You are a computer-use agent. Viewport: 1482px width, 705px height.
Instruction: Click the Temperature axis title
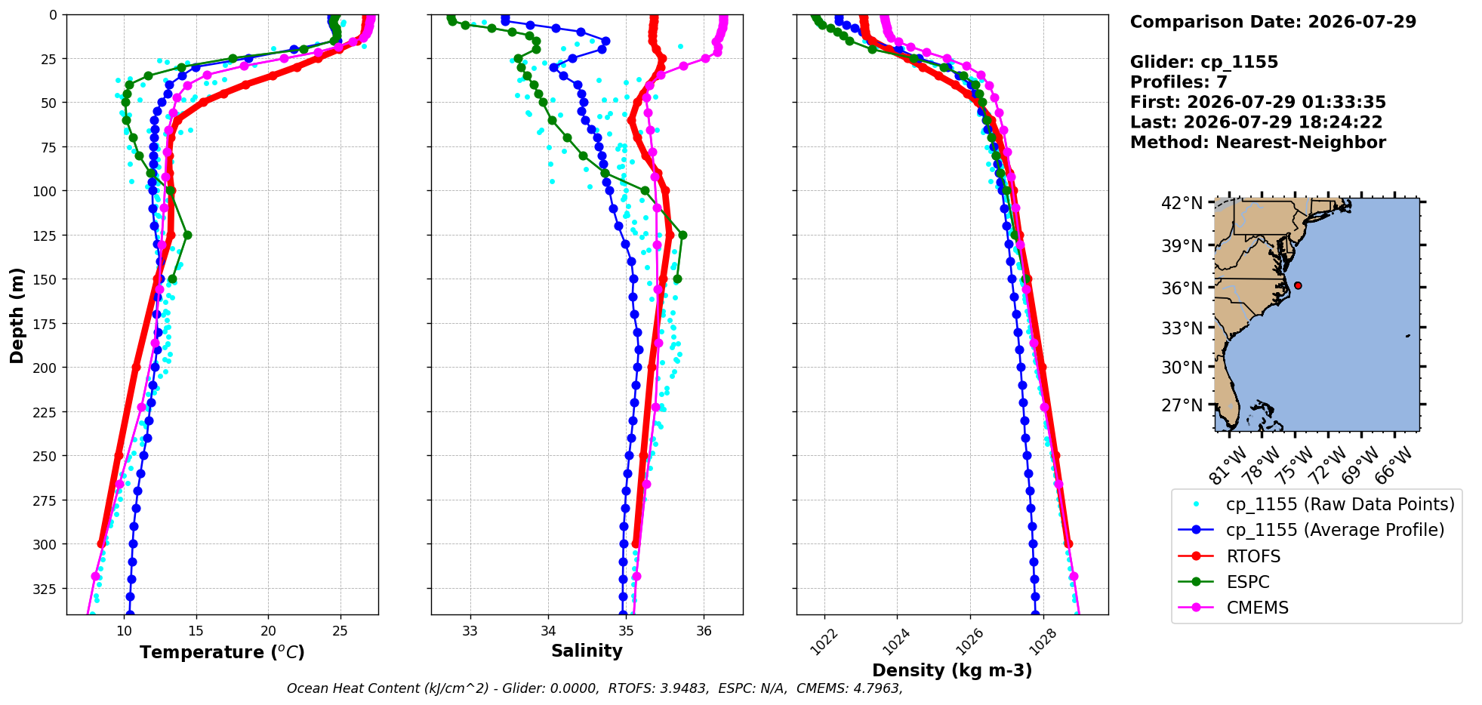pos(222,652)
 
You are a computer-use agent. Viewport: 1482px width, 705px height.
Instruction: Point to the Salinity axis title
pos(587,651)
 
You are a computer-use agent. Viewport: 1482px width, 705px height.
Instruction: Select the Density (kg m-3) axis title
pos(952,670)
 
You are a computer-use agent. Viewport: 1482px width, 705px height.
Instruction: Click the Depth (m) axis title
pos(17,315)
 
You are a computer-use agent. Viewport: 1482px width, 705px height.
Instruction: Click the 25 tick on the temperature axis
pos(340,629)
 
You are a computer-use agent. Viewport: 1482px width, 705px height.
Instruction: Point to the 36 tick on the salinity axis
pos(704,629)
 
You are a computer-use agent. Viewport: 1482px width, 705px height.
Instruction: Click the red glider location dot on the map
pos(1298,285)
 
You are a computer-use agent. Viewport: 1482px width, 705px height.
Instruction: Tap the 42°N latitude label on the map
pos(1182,204)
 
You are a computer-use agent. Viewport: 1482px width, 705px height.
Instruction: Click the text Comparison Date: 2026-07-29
pos(1273,22)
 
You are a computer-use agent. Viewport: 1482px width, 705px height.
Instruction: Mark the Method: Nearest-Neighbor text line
pos(1258,143)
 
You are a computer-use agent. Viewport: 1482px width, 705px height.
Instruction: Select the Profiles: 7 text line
pos(1179,82)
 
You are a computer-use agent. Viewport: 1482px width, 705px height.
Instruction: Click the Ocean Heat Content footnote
pos(595,688)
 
